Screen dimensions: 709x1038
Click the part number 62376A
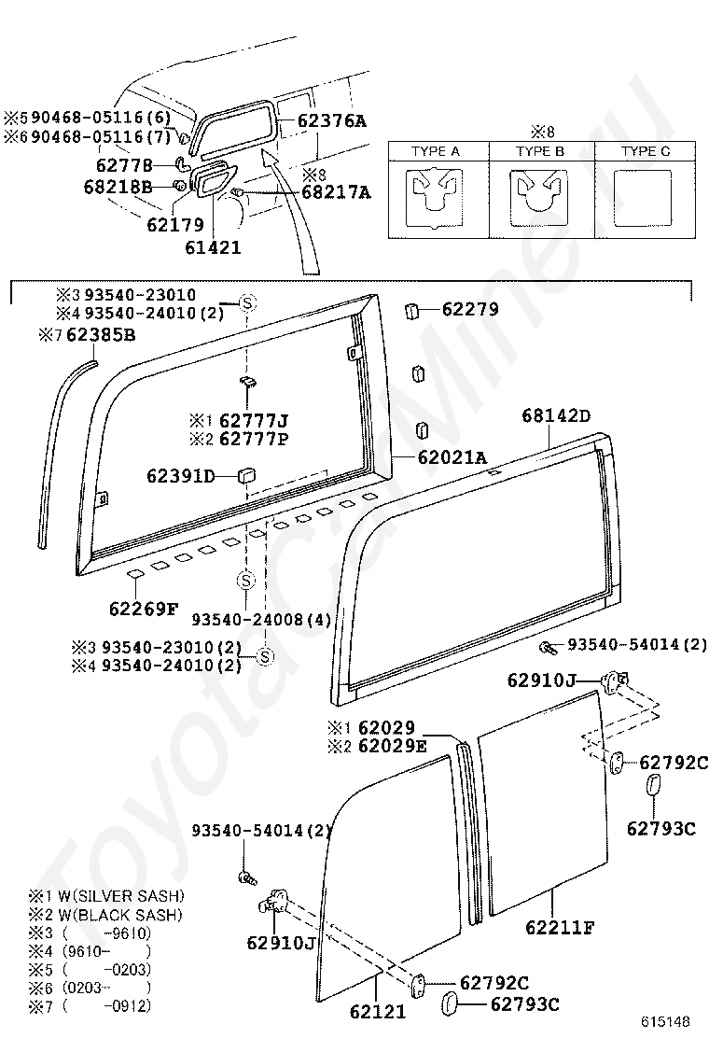tap(331, 120)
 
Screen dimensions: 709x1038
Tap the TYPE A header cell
tap(438, 151)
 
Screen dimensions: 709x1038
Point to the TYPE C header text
tap(646, 151)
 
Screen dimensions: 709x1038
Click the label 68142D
tap(556, 415)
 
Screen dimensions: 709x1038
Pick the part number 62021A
tap(452, 456)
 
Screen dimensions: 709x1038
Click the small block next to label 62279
tap(410, 310)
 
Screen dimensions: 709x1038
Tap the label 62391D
tap(181, 475)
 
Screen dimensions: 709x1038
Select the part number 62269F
tap(144, 609)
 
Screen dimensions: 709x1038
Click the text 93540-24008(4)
tap(261, 620)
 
